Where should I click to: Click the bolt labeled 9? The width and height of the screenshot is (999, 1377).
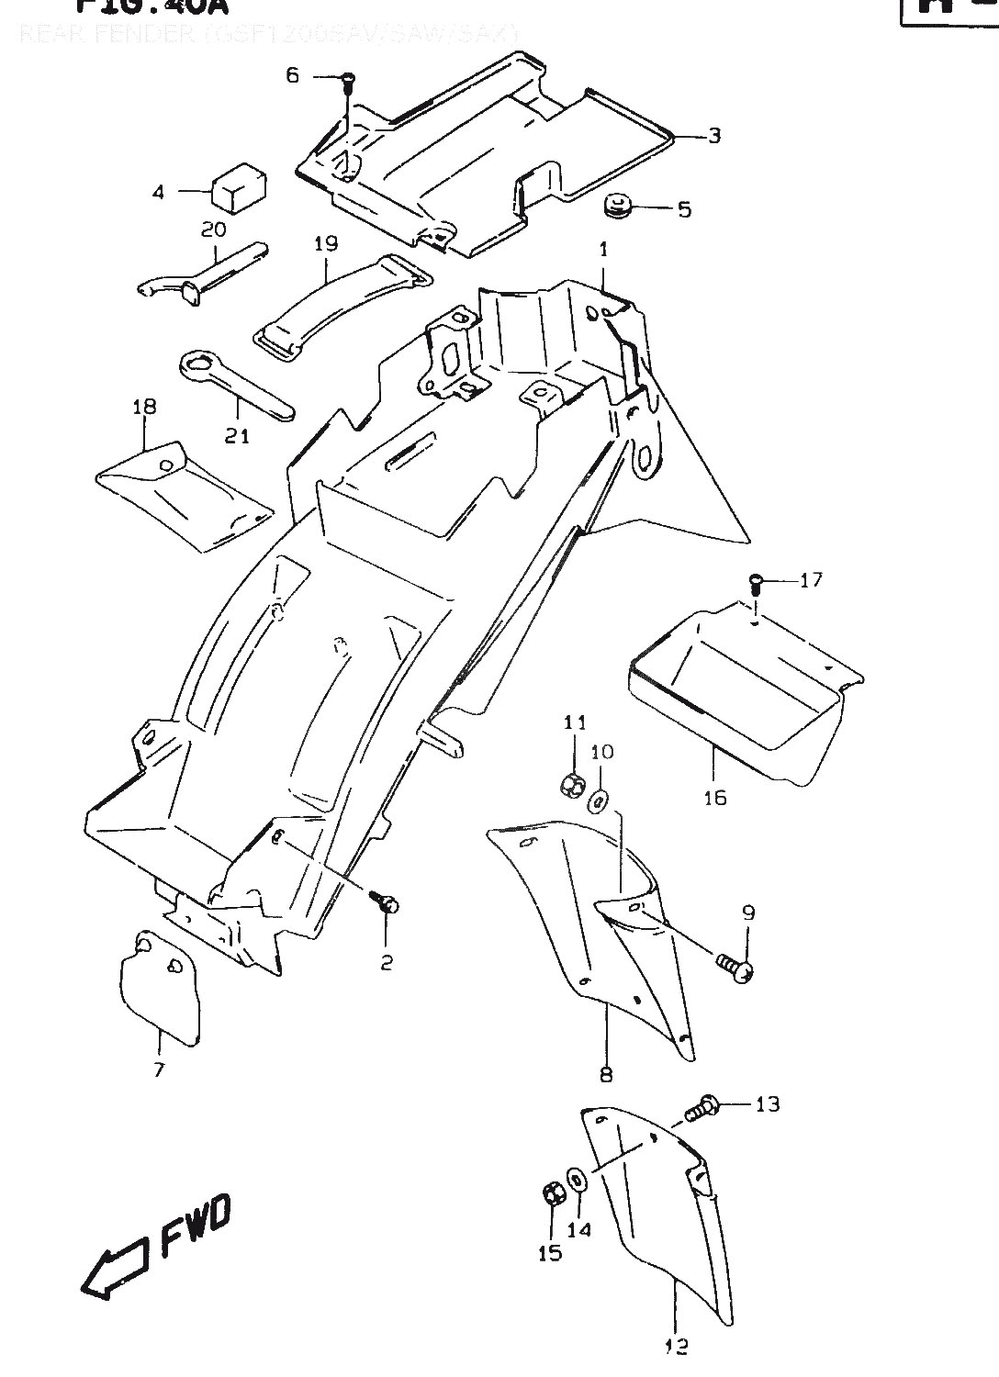[736, 965]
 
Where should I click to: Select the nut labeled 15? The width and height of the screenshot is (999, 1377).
[553, 1195]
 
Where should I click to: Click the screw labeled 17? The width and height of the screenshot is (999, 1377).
[755, 580]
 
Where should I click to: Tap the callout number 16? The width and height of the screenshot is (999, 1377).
[714, 797]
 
